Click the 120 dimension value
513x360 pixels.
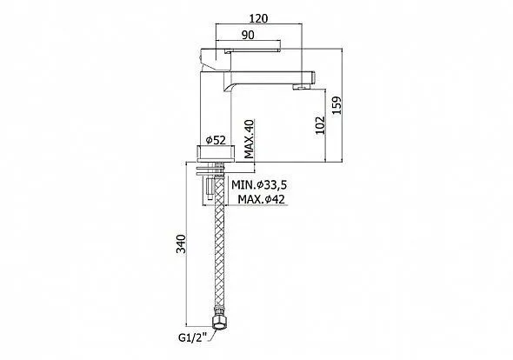coord(258,18)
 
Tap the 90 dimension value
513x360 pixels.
coord(248,35)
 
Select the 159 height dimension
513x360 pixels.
coord(336,104)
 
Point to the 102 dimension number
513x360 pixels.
coord(320,125)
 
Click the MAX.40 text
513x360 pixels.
coord(250,139)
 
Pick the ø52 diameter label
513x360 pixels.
coord(216,140)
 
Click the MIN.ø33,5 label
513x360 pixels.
coord(259,185)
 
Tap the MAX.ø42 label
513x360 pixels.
coord(261,199)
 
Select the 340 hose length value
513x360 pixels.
coord(181,243)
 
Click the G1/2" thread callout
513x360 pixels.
coord(191,338)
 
